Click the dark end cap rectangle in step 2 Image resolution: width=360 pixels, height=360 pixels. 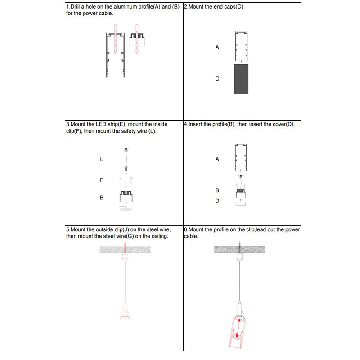coord(241,79)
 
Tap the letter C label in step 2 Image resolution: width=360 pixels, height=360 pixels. coord(217,79)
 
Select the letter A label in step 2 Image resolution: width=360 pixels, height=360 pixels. coord(217,47)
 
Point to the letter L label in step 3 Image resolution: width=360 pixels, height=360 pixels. coord(102,159)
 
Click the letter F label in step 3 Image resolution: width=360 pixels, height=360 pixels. coord(102,180)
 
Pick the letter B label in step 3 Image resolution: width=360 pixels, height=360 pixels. coord(102,198)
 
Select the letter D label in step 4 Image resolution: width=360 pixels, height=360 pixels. coord(217,201)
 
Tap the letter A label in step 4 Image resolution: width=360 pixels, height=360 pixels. coord(217,159)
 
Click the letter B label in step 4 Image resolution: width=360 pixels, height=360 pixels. coord(217,191)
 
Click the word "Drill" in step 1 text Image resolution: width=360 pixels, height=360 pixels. coord(78,7)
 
